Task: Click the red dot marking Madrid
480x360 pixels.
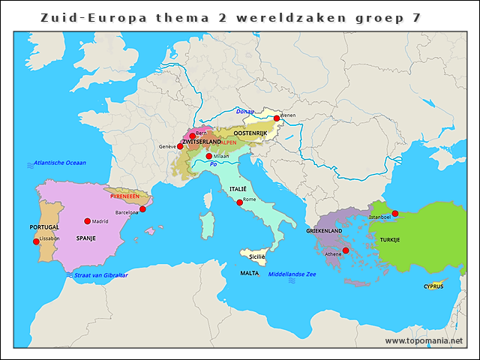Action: (x=88, y=220)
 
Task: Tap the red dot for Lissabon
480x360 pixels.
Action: (x=37, y=241)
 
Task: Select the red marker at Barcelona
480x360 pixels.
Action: (x=142, y=209)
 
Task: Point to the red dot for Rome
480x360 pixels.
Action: (x=239, y=202)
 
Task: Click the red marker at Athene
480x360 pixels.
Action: (x=345, y=250)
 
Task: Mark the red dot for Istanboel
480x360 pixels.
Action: (x=395, y=213)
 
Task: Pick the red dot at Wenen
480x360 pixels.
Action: (x=276, y=118)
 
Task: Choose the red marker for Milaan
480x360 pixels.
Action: (x=208, y=156)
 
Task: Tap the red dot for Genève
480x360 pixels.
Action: (x=180, y=146)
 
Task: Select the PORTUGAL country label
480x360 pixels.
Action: (x=44, y=227)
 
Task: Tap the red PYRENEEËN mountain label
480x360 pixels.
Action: (x=124, y=196)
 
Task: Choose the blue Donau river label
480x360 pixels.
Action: (x=244, y=111)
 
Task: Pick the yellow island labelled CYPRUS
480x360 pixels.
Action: (x=434, y=286)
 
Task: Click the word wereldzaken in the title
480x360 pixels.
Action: (x=250, y=16)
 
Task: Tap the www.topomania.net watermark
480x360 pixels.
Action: (x=424, y=340)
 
